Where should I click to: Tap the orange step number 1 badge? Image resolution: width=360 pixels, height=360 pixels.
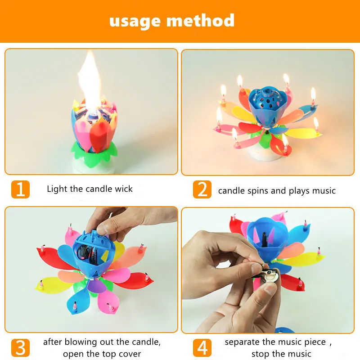coord(20,189)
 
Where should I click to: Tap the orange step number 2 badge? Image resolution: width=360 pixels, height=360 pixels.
coord(202,189)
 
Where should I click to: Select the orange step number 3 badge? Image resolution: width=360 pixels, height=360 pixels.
coord(20,347)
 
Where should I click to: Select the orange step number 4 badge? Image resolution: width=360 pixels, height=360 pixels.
coord(202,347)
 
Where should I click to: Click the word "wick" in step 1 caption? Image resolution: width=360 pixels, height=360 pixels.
coord(123,189)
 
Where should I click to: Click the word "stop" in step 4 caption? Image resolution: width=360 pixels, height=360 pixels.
coord(261,354)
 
